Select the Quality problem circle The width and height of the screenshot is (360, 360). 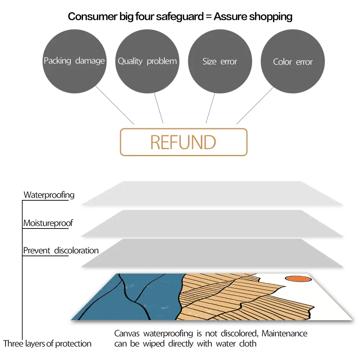[147, 61]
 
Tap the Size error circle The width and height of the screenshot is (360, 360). [220, 61]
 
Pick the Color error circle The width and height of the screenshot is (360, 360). [293, 62]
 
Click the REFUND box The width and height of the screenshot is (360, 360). [184, 142]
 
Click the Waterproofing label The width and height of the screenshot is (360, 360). [49, 195]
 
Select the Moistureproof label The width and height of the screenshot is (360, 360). [48, 223]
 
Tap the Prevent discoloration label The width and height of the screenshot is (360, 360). [61, 250]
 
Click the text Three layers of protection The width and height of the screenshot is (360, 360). [47, 344]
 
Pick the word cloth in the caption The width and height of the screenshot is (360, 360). [247, 344]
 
